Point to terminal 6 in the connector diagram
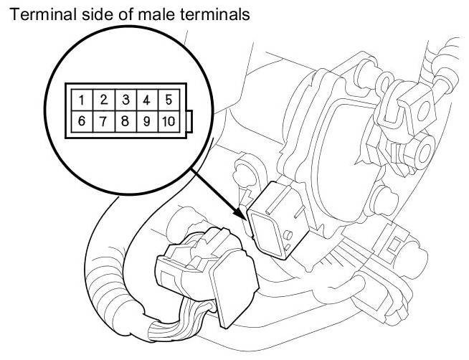[83, 120]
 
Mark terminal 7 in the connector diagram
[104, 120]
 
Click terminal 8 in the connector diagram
[125, 120]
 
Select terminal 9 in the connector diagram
[146, 120]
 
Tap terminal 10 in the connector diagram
[169, 120]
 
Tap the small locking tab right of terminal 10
[189, 120]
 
